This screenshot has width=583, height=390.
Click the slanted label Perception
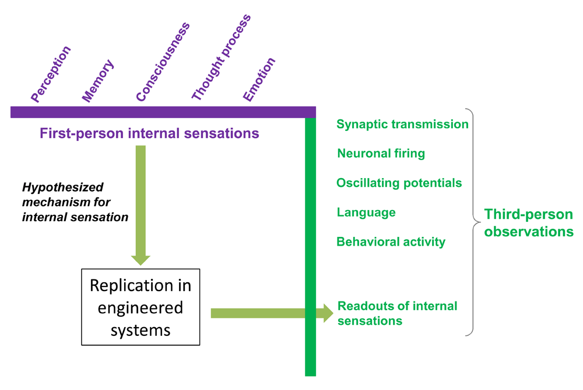tap(51, 74)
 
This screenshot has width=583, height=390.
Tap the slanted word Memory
tap(98, 80)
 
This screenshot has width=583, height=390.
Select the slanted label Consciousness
tap(163, 62)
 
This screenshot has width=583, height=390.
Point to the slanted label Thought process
tap(221, 57)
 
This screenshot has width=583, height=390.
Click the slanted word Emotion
tap(259, 79)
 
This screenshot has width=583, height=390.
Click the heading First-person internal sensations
tap(149, 133)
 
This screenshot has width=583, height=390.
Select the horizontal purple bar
tap(163, 112)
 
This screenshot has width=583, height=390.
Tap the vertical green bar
tap(311, 247)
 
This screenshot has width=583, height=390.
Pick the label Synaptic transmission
tap(402, 125)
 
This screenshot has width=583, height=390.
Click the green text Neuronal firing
tap(381, 153)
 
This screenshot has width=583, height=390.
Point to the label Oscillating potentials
tap(399, 183)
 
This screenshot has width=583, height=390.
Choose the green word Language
tap(366, 212)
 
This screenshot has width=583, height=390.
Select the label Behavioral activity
tap(391, 242)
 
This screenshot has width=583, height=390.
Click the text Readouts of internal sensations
tap(397, 313)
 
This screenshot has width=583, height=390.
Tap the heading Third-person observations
tap(529, 222)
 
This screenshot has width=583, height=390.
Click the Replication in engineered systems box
tap(141, 307)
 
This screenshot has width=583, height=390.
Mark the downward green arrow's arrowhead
tap(141, 260)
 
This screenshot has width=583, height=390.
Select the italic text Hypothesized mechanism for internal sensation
tap(75, 202)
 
